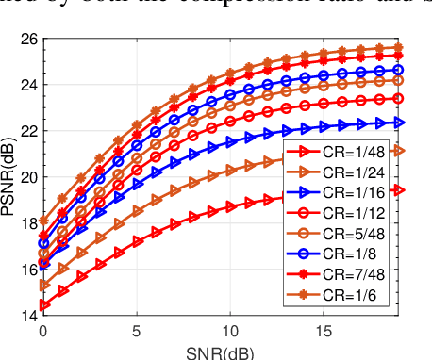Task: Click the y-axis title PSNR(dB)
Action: [x=10, y=178]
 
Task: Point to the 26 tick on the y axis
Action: [x=29, y=39]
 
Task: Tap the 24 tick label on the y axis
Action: [x=29, y=85]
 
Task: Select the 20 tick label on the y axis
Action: [x=29, y=177]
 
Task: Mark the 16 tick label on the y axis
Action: [x=29, y=270]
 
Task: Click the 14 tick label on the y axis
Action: [x=29, y=315]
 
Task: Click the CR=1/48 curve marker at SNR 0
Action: [x=43, y=304]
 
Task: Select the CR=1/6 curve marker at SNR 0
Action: [x=43, y=221]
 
